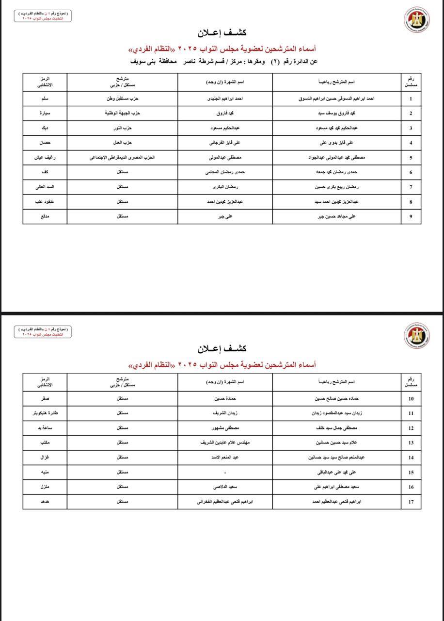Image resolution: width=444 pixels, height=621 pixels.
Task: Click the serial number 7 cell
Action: (411, 187)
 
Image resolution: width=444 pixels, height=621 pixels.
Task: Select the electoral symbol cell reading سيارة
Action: (45, 113)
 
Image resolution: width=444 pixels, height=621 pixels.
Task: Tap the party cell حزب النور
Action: (122, 128)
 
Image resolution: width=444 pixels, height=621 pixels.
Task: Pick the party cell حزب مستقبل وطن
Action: (122, 98)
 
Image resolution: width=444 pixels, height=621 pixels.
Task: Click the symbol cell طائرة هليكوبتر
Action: (45, 413)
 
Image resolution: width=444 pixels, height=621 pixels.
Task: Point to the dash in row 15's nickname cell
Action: (225, 472)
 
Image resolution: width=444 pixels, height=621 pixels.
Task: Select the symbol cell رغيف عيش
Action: (45, 157)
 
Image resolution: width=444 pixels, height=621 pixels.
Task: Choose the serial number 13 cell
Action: (411, 443)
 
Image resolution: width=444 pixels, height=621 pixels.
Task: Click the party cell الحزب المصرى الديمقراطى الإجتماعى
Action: (122, 157)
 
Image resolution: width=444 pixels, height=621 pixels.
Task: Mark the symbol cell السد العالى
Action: (45, 187)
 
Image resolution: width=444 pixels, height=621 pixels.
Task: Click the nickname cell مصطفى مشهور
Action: (225, 428)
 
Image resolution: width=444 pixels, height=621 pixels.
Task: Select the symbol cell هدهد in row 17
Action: (45, 502)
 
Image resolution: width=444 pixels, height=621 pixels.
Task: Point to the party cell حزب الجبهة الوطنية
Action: (122, 113)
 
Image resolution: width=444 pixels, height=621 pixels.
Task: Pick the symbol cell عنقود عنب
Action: (45, 201)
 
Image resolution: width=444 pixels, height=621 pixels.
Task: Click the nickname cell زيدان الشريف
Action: (225, 413)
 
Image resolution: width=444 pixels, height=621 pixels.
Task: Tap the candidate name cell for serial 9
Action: (336, 216)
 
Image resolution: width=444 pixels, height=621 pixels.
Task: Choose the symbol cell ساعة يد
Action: (45, 428)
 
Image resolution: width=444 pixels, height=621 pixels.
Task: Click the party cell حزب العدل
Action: (122, 143)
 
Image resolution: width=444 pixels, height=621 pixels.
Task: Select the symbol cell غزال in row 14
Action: (45, 458)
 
